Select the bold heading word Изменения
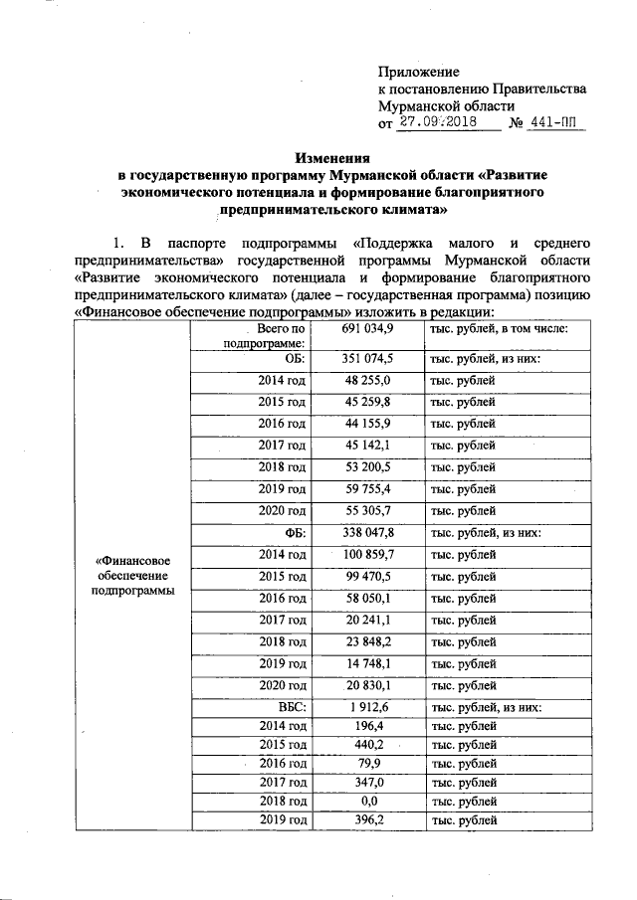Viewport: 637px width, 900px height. coord(331,157)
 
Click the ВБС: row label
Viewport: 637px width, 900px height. coord(292,708)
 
